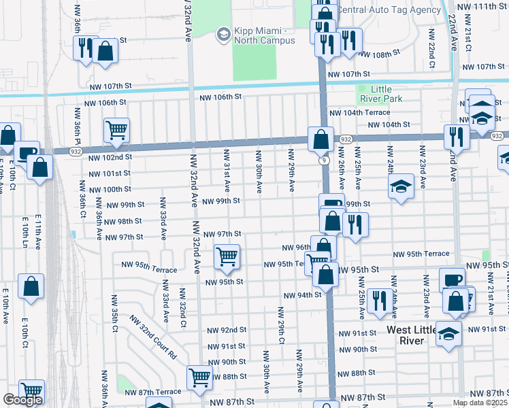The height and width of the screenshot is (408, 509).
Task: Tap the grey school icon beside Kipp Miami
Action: [x=223, y=33]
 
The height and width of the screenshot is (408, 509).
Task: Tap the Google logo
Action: [x=22, y=400]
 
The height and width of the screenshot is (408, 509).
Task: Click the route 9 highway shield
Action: [x=325, y=160]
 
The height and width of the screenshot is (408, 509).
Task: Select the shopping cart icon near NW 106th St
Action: [x=116, y=129]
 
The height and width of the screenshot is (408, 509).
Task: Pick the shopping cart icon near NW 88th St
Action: [x=200, y=377]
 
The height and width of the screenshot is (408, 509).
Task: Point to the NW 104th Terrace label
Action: [x=359, y=112]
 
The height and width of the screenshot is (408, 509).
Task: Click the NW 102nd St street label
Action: [x=110, y=157]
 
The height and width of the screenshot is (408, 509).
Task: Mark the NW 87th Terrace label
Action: [x=153, y=392]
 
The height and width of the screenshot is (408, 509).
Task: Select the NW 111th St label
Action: [x=485, y=6]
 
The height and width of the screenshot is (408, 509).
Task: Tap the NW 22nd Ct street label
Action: [x=431, y=48]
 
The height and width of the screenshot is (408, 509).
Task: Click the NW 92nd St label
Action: [x=227, y=330]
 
